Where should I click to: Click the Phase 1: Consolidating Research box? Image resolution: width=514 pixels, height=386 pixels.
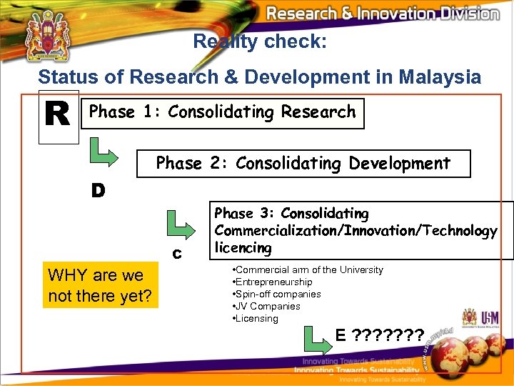[x=222, y=113]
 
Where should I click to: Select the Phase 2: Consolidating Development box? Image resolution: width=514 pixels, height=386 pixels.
[x=303, y=163]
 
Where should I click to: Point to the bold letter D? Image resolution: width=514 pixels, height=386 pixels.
[x=98, y=190]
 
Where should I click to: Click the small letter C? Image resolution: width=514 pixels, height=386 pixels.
[x=176, y=254]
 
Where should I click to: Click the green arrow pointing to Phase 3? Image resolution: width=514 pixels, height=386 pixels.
[x=180, y=226]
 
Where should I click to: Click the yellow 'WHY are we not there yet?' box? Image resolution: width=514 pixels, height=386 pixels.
[x=99, y=285]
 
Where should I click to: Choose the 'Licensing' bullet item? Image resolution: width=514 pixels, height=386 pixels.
[x=256, y=318]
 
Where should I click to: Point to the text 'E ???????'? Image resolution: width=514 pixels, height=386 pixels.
[x=379, y=335]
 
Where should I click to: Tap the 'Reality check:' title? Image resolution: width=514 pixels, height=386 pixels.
[x=260, y=41]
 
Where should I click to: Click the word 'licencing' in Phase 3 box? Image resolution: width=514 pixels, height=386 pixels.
[x=243, y=247]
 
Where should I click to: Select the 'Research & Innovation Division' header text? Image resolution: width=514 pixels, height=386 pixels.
[x=382, y=14]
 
